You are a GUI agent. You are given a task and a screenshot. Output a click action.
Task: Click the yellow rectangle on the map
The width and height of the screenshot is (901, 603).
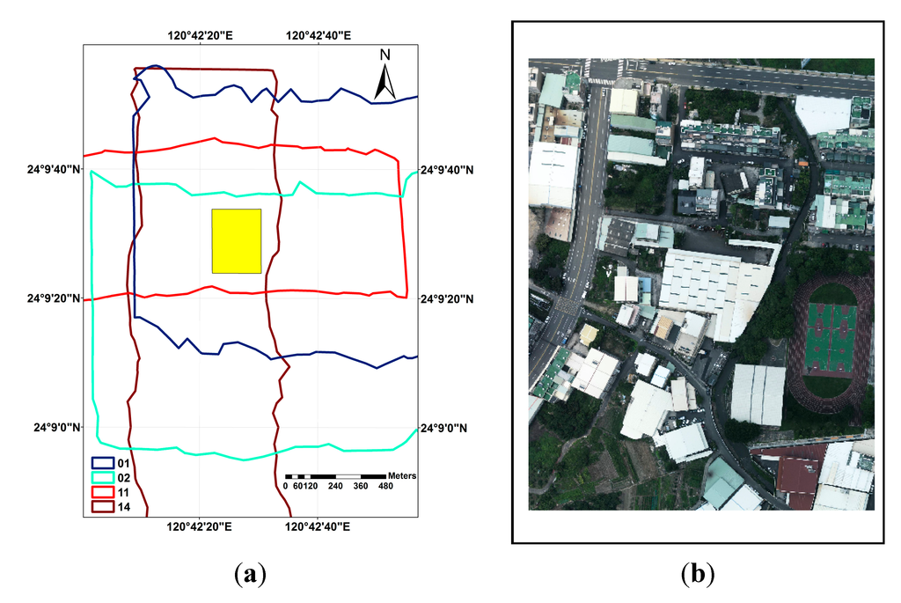237,241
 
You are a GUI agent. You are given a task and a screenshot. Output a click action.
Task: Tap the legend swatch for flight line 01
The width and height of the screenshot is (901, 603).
105,462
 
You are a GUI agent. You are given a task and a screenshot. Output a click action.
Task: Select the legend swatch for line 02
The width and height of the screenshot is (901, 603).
105,477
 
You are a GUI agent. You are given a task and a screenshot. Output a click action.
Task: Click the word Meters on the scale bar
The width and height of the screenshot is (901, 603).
400,475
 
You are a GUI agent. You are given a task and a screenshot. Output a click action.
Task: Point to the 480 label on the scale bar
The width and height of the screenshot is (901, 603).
386,487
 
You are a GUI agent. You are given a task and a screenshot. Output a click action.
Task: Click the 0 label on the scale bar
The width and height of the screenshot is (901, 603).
286,487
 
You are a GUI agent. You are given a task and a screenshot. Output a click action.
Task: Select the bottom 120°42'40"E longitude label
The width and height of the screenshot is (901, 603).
319,526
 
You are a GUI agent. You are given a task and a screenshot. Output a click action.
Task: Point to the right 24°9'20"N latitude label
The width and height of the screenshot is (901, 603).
446,299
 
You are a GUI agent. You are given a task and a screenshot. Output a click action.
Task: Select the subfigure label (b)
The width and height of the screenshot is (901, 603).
698,574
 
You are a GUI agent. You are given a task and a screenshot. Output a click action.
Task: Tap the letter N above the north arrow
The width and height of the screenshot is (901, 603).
385,55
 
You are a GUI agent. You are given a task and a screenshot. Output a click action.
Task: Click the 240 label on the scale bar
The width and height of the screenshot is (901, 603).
335,487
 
